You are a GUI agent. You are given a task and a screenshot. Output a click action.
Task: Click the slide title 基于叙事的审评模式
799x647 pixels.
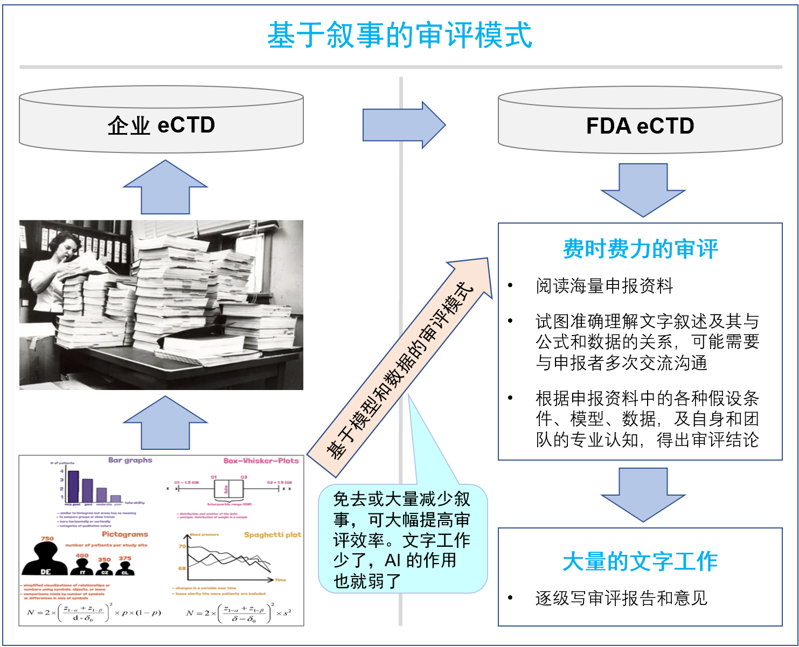point(399,36)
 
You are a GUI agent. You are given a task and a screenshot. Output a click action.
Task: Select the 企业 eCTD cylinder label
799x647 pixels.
point(161,125)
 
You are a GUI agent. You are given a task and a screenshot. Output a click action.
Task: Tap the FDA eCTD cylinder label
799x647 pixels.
point(640,126)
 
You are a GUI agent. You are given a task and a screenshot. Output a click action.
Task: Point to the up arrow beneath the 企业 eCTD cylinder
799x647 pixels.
point(165,187)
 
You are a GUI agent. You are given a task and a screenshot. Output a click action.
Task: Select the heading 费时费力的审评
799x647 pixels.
point(640,249)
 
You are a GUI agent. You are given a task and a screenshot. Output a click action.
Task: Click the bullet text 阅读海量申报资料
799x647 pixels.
point(604,286)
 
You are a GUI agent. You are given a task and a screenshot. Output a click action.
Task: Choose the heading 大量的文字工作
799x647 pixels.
point(640,561)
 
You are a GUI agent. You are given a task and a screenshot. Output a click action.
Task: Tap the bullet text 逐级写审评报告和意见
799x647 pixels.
point(621,598)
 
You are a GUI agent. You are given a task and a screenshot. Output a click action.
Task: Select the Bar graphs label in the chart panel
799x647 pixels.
point(130,460)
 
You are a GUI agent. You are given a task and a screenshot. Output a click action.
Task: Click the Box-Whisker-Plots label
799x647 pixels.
point(261,461)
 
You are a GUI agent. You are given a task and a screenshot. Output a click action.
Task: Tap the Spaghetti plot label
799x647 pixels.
point(272,534)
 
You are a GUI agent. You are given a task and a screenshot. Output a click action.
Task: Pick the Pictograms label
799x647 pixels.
point(124,534)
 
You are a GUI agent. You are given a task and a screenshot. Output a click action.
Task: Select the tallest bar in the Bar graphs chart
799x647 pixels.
point(73,486)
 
